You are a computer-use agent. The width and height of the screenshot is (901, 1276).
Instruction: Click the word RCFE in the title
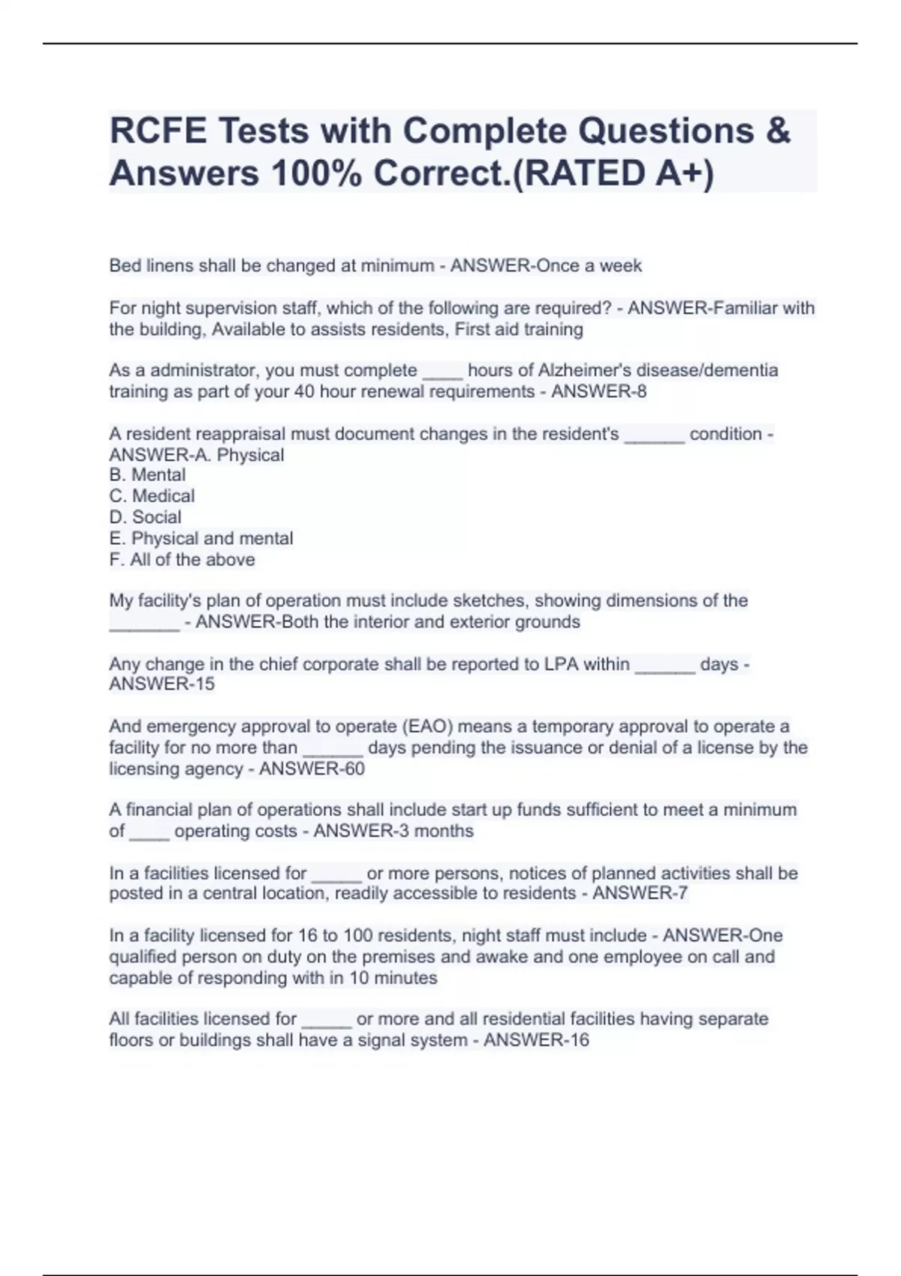[158, 131]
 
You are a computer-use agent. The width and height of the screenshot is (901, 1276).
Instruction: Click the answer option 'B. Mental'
[147, 475]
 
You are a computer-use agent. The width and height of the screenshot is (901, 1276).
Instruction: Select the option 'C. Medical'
[152, 496]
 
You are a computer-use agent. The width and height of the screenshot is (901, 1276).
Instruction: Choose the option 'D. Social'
[145, 517]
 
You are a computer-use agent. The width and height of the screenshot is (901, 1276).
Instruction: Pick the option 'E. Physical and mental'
[200, 538]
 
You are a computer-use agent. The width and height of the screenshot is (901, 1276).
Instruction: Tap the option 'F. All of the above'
[182, 559]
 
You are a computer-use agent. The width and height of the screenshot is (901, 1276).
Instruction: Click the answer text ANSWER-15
[161, 684]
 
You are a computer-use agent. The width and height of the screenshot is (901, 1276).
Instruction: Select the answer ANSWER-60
[312, 769]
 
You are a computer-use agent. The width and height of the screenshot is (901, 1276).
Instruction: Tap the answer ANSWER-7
[640, 893]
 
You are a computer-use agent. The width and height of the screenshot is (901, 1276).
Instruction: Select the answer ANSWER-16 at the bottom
[536, 1040]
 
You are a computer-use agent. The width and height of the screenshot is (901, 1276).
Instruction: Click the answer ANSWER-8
[598, 391]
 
